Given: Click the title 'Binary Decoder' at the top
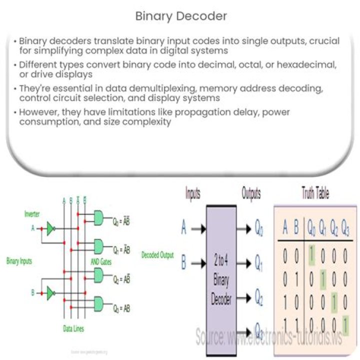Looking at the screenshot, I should point(181,16).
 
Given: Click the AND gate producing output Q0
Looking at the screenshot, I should point(98,217).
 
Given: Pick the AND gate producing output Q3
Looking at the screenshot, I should point(98,303).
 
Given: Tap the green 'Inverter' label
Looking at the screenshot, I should point(33,214).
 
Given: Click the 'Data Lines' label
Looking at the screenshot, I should point(73,328).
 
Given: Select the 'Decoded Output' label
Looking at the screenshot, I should point(157,255).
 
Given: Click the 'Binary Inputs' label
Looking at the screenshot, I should point(19,260).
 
